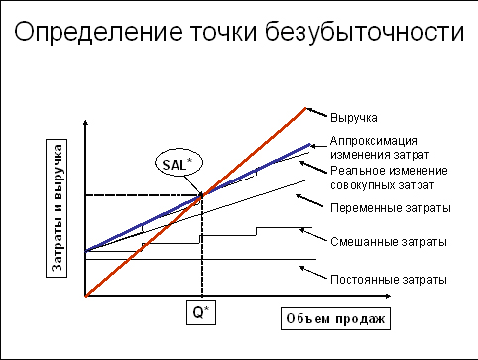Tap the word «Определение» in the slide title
click(88, 33)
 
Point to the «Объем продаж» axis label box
click(332, 317)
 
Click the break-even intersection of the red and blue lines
click(201, 195)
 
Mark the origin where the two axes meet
click(86, 296)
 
